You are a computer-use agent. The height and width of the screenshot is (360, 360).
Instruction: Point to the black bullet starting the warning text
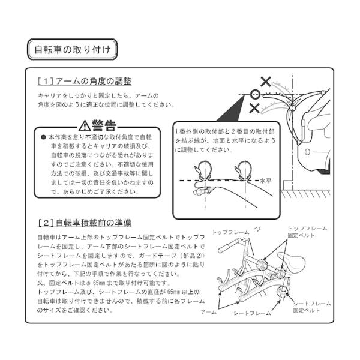(43, 137)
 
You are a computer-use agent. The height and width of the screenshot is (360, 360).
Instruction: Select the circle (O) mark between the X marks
(254, 94)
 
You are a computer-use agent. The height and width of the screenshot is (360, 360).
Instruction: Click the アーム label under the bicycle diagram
(209, 313)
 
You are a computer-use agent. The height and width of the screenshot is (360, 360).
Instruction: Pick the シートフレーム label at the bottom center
(250, 314)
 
